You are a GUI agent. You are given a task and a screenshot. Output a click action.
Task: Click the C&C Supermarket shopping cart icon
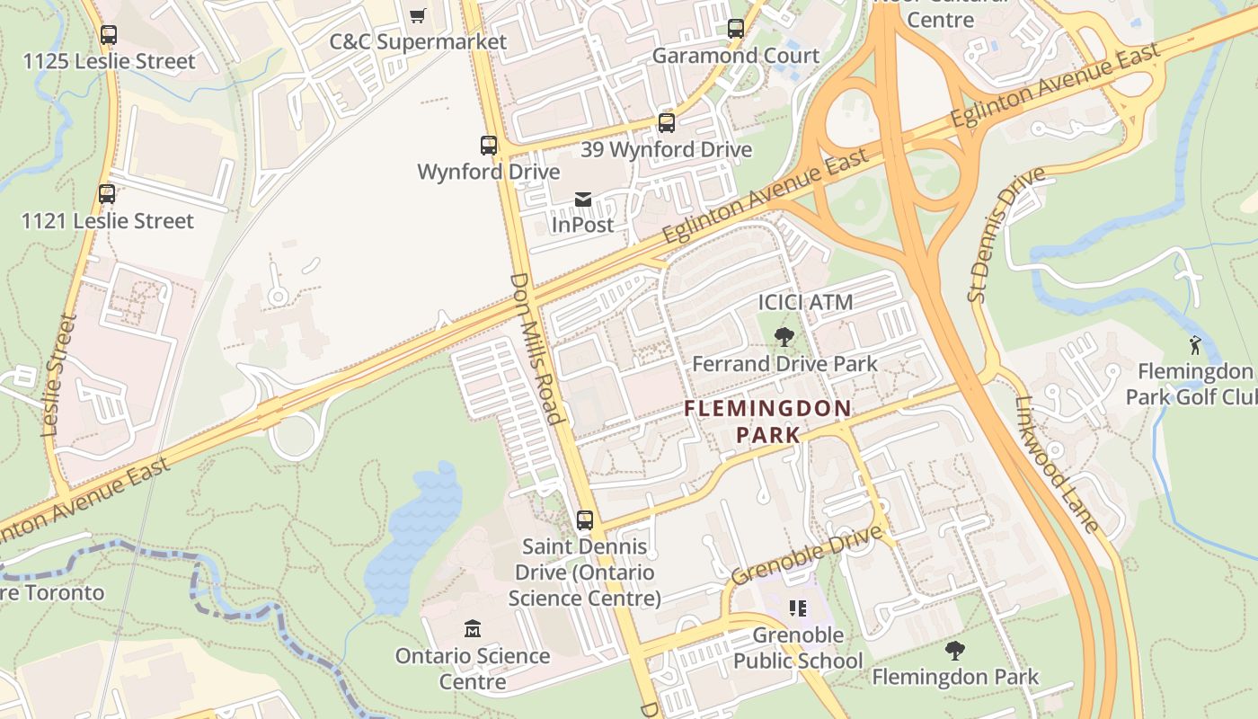pyautogui.click(x=417, y=15)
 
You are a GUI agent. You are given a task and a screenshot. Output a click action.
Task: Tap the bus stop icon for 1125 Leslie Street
pyautogui.click(x=108, y=35)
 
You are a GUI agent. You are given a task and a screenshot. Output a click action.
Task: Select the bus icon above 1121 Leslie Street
pyautogui.click(x=107, y=194)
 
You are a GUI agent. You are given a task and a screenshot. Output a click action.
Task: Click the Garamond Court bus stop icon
pyautogui.click(x=736, y=29)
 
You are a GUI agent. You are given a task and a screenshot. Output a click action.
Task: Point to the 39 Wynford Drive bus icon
pyautogui.click(x=666, y=123)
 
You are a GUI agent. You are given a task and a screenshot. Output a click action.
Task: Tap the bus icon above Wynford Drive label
pyautogui.click(x=488, y=145)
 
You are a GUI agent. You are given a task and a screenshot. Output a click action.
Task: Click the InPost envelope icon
pyautogui.click(x=583, y=199)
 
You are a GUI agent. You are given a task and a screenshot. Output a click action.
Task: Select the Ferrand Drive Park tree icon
pyautogui.click(x=784, y=337)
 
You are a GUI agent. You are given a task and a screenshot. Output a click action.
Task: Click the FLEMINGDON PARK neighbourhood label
pyautogui.click(x=767, y=422)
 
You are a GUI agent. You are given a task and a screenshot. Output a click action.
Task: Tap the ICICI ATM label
pyautogui.click(x=805, y=302)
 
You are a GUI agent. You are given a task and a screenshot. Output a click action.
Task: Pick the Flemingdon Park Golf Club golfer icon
pyautogui.click(x=1194, y=344)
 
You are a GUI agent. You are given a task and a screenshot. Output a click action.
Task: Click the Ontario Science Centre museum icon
pyautogui.click(x=473, y=628)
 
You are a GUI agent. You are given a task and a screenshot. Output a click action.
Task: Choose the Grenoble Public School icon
pyautogui.click(x=797, y=608)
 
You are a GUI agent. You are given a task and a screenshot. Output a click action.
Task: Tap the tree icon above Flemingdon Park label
pyautogui.click(x=955, y=650)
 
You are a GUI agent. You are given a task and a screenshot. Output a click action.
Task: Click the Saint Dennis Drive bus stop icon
pyautogui.click(x=585, y=519)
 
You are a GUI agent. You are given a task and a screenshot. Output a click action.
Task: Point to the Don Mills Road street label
pyautogui.click(x=536, y=348)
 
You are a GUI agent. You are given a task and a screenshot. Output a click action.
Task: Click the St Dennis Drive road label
pyautogui.click(x=1006, y=233)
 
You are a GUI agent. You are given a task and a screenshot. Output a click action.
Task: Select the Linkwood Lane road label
pyautogui.click(x=1058, y=465)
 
